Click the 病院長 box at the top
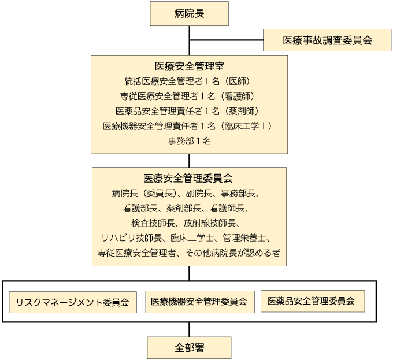coord(189,13)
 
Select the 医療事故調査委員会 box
coord(327,40)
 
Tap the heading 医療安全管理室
coord(189,66)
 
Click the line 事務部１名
coord(189,141)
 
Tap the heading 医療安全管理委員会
coord(188,178)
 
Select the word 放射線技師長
coord(210,223)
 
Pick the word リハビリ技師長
coord(132,237)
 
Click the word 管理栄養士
coord(244,237)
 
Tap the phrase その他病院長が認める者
coord(232,253)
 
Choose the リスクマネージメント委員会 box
coord(73,302)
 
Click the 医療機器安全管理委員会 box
coord(200,302)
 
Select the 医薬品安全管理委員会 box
coord(313,301)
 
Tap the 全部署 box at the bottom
coord(189,348)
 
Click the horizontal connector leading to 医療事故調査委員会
coord(227,40)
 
